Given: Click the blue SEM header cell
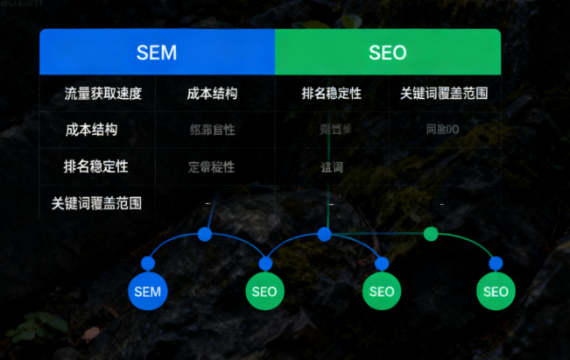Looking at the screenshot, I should coord(157,53).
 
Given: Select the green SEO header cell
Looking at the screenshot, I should coord(387,53).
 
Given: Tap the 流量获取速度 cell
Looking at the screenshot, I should coord(102,93).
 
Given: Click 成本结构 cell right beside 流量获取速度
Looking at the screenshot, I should coord(212,93).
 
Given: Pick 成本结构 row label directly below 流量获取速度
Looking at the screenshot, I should coord(91,130).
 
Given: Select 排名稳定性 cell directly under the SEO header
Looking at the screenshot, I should coord(331,93).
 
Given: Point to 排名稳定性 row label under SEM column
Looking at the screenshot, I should coord(95,166).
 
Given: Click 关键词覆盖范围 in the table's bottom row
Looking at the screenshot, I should coord(96,203).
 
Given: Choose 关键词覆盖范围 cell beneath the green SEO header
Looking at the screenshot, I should coord(443,93).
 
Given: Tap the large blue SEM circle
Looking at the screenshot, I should coord(148,291).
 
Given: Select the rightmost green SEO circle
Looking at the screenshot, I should coord(496,291).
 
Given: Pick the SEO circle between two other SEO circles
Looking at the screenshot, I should coord(381,291).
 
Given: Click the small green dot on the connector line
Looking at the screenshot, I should coord(430,234).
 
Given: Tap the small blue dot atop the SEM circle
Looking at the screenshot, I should coord(148,264).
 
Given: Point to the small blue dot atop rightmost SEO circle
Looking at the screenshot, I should coord(496,263).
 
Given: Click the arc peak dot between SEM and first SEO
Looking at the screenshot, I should coord(205,234).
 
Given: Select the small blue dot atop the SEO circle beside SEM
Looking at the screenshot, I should coord(265,263).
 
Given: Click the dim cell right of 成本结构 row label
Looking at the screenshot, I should coord(212,130).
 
